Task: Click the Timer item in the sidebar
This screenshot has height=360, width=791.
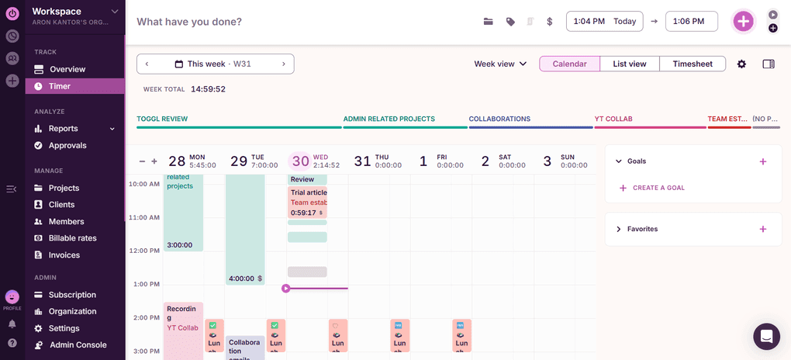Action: tap(59, 86)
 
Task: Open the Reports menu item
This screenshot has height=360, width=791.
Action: tap(63, 129)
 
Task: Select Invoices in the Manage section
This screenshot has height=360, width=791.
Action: tap(64, 254)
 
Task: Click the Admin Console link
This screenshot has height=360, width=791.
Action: tap(78, 344)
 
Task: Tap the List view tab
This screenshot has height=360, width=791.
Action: tap(629, 64)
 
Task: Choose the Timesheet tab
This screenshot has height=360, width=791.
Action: tap(693, 64)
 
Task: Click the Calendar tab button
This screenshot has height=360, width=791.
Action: tap(569, 64)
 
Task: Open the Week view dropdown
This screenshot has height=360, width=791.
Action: tap(500, 64)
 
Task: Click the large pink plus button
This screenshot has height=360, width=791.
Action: tap(743, 22)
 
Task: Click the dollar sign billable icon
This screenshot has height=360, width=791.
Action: tap(550, 22)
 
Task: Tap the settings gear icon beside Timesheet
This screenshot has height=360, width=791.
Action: tap(741, 64)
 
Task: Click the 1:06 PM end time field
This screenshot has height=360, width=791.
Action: tap(692, 22)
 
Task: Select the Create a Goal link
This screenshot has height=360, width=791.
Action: tap(658, 188)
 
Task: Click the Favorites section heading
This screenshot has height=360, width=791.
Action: tap(642, 229)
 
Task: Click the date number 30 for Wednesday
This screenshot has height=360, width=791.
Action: tap(300, 161)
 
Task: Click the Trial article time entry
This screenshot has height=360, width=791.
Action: tap(308, 202)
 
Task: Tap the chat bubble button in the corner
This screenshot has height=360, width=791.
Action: tap(766, 337)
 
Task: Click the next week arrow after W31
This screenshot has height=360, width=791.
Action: tap(284, 64)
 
